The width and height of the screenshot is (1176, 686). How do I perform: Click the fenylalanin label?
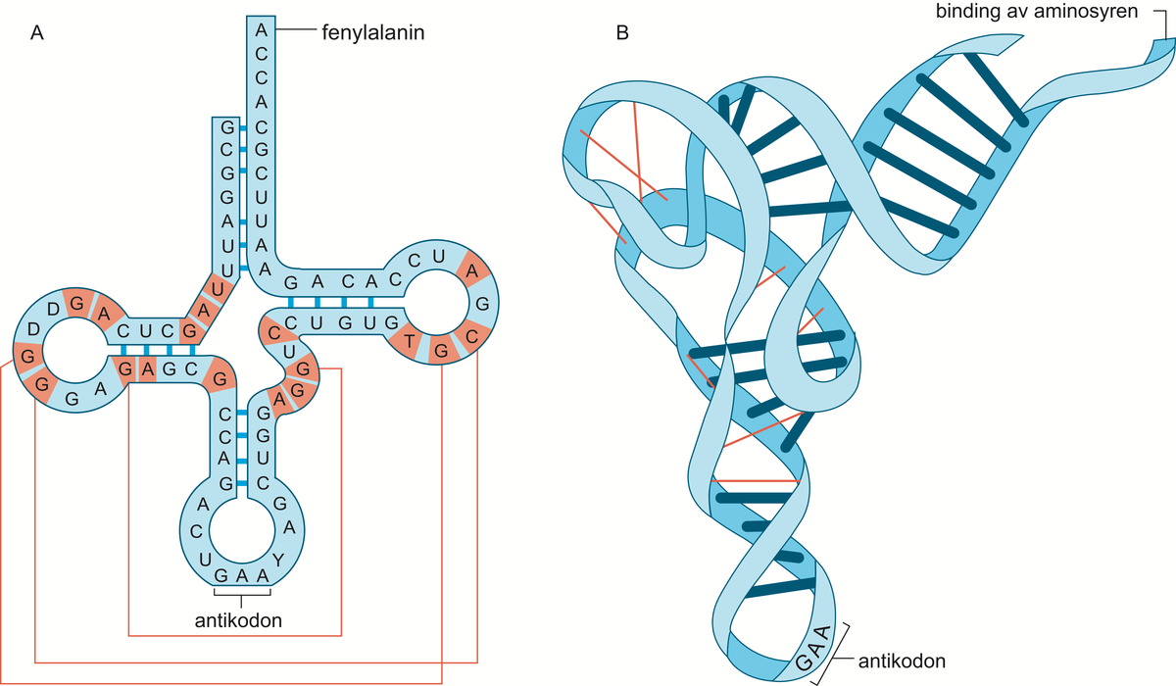tap(372, 32)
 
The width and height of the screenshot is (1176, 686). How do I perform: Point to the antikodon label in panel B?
tap(902, 661)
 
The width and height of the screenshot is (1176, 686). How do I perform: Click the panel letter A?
tap(37, 32)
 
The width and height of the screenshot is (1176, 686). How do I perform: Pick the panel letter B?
tap(622, 32)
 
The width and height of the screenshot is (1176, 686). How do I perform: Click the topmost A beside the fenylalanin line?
tap(261, 30)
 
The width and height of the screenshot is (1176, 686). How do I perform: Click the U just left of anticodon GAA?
tap(204, 560)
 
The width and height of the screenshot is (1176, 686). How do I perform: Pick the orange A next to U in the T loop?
tap(472, 270)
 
